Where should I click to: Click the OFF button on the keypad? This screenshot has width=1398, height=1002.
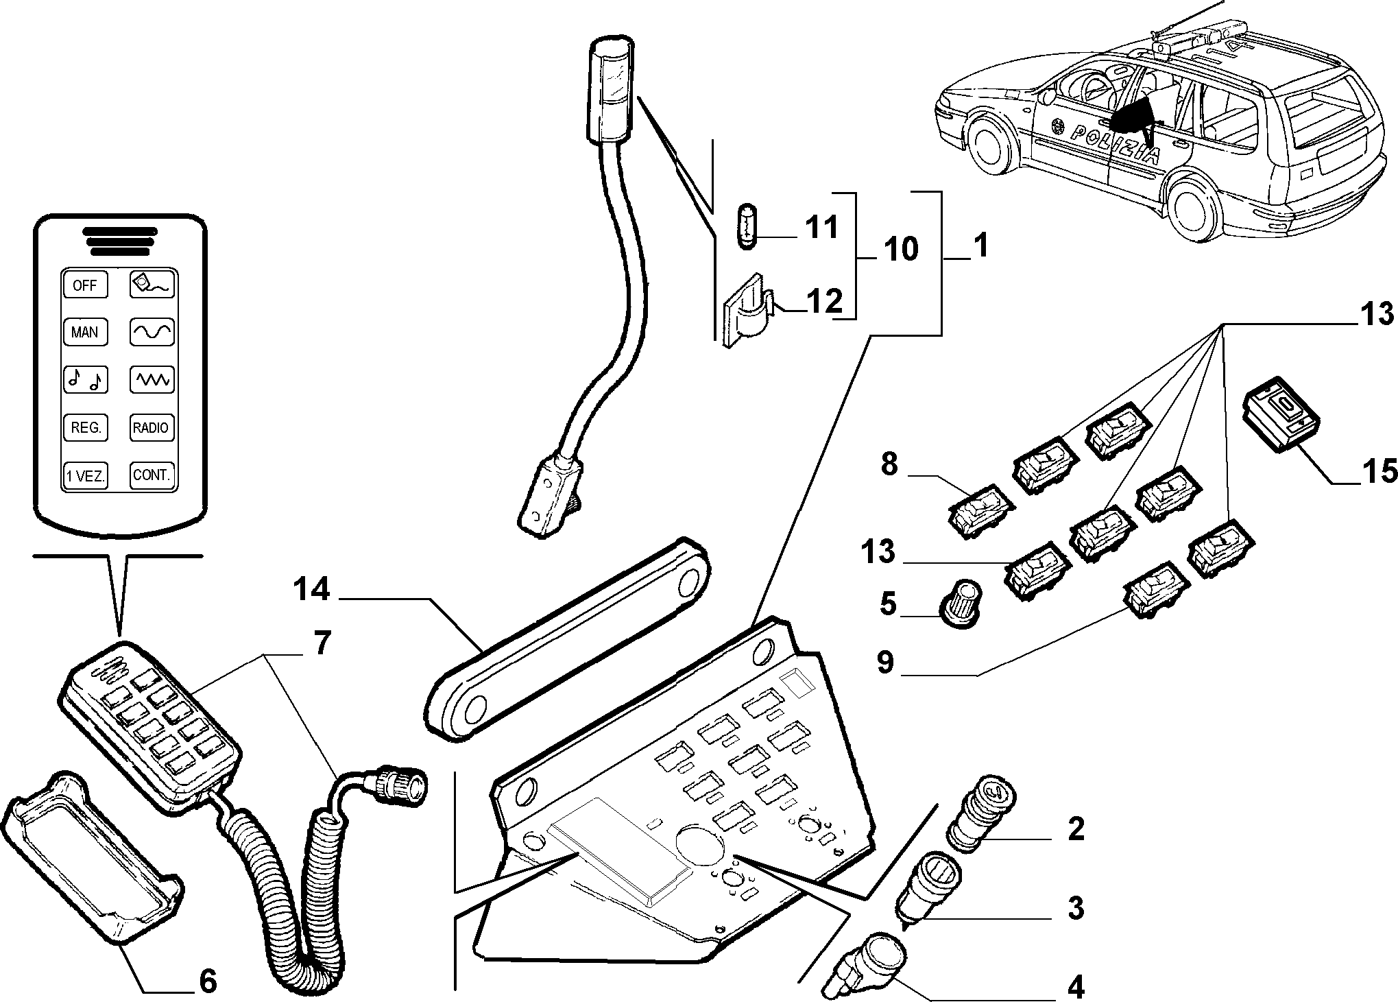click(x=85, y=285)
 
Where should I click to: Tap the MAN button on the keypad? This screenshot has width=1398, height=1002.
click(x=85, y=333)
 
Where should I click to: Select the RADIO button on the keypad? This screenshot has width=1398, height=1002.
click(x=151, y=427)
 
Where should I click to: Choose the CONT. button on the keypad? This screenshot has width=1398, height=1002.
click(x=151, y=475)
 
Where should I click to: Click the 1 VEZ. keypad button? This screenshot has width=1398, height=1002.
click(x=85, y=475)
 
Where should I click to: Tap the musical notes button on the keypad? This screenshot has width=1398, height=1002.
click(x=85, y=379)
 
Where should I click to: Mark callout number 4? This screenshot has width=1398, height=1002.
click(x=1076, y=987)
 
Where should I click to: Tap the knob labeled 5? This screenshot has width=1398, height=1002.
click(x=963, y=602)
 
